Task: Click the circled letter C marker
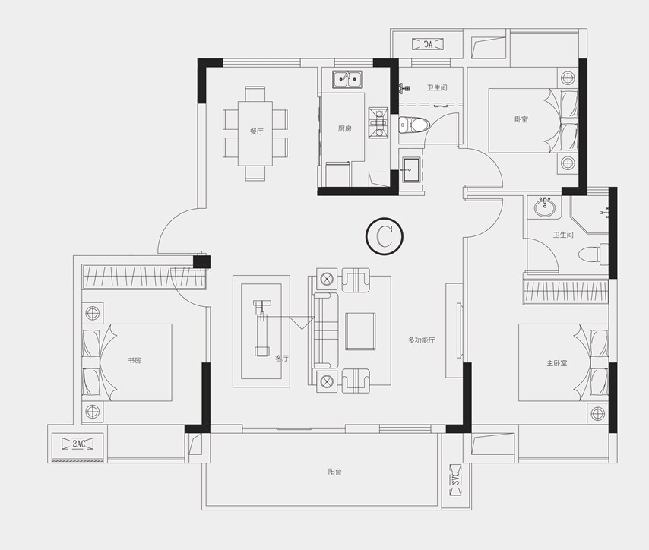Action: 384,235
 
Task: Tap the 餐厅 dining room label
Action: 256,131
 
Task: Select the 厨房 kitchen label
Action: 344,128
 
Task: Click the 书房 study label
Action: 134,360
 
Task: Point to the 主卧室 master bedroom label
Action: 557,363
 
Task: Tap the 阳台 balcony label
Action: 334,471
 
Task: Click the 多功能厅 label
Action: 421,340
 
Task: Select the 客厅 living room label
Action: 282,359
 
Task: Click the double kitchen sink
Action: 348,79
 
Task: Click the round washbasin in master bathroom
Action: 546,207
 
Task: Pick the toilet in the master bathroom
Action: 593,254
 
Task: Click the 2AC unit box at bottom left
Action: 78,444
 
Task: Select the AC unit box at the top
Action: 428,44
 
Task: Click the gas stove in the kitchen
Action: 378,123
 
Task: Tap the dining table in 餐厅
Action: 255,133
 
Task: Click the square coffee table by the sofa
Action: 360,331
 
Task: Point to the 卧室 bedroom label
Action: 521,119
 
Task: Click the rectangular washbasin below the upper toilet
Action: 411,169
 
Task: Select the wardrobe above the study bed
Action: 144,277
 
